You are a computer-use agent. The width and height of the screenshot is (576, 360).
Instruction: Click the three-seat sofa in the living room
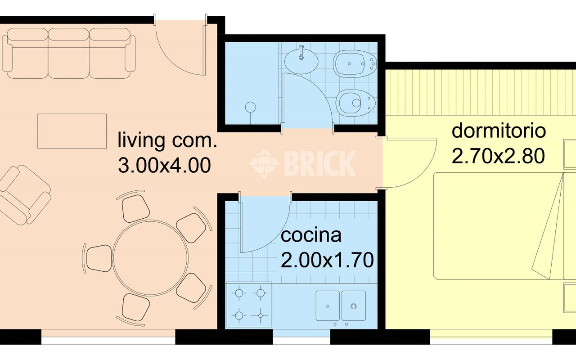[69, 53]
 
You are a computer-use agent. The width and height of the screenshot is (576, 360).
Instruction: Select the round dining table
[150, 258]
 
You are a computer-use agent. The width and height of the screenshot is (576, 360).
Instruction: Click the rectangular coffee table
[72, 131]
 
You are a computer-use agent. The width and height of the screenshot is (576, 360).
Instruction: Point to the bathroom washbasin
[301, 61]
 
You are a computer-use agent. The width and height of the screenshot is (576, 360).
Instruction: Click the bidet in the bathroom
[355, 64]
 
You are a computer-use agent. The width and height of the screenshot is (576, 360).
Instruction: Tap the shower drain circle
[251, 107]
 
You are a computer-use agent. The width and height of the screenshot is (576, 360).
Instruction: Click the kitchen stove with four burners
[249, 305]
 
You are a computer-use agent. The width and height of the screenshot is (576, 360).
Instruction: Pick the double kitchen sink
[341, 306]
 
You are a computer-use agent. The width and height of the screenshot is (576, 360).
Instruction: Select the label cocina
[311, 235]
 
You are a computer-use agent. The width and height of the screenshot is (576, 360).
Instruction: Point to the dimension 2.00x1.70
[327, 260]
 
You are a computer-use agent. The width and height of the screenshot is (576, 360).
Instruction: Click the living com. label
[167, 140]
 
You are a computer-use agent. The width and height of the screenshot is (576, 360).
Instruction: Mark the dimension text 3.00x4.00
[165, 165]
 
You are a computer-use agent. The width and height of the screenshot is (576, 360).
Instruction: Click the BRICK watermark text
[320, 163]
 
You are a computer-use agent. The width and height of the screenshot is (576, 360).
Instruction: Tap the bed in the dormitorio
[504, 226]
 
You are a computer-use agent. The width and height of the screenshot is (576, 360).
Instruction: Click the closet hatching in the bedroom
[480, 92]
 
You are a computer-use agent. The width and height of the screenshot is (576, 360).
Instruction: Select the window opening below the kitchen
[301, 337]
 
